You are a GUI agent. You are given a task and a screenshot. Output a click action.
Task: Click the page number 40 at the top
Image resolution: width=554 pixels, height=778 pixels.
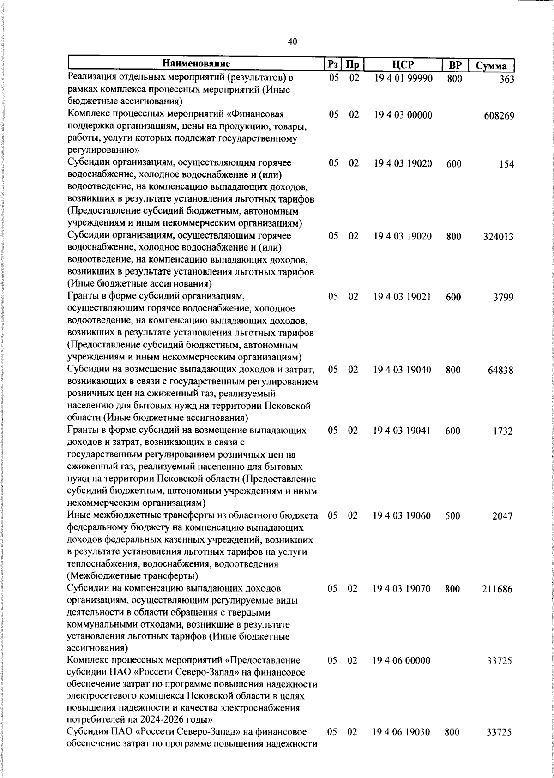click(x=292, y=42)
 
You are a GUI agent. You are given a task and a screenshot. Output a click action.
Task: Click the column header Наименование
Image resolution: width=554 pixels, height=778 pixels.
click(x=196, y=64)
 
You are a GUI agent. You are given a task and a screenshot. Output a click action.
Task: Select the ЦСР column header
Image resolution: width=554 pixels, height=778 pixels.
click(x=403, y=65)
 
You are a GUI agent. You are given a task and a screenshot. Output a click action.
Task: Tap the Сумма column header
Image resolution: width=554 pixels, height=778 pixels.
click(x=492, y=66)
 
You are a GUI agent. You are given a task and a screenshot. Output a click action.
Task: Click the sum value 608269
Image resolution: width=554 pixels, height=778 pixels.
click(x=499, y=116)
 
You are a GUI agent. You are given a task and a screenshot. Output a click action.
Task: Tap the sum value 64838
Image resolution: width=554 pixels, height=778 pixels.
click(x=500, y=371)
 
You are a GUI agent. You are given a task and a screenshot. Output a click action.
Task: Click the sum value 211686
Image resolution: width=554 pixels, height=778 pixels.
click(x=498, y=590)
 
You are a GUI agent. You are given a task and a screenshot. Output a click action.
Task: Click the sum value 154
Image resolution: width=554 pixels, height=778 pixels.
click(x=506, y=164)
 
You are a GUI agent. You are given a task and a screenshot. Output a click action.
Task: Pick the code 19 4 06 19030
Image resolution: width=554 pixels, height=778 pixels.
click(x=402, y=732)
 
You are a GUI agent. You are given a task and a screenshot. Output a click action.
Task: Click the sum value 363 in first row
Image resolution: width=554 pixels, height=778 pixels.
click(x=506, y=79)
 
